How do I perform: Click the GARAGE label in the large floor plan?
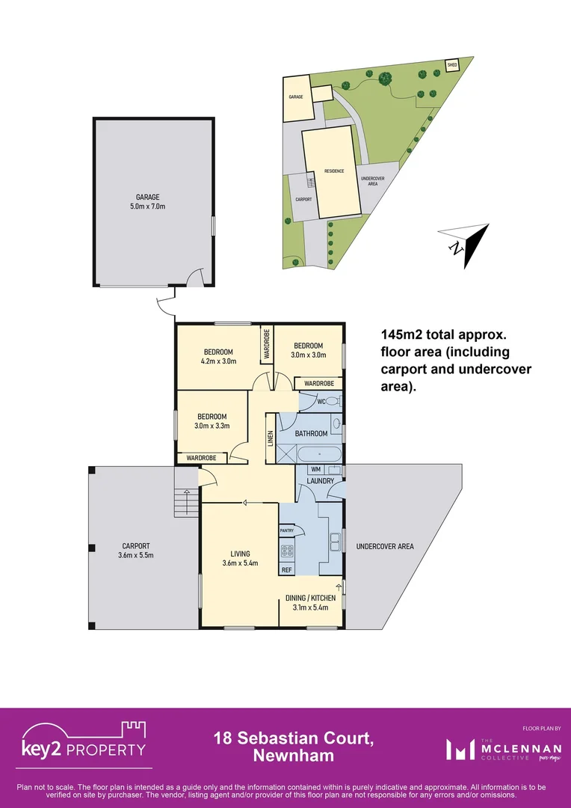click(148, 198)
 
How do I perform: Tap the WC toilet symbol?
click(335, 402)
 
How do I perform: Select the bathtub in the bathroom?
click(319, 453)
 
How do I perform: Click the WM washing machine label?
click(315, 469)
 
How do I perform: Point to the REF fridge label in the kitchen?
click(286, 570)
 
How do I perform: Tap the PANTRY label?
click(286, 530)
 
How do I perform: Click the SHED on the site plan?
click(451, 65)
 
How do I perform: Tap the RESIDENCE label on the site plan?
click(334, 171)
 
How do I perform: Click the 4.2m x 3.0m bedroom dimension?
click(219, 361)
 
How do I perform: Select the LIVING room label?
click(240, 554)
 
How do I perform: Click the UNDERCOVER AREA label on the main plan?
click(385, 547)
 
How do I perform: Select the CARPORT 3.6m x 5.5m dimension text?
click(136, 555)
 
